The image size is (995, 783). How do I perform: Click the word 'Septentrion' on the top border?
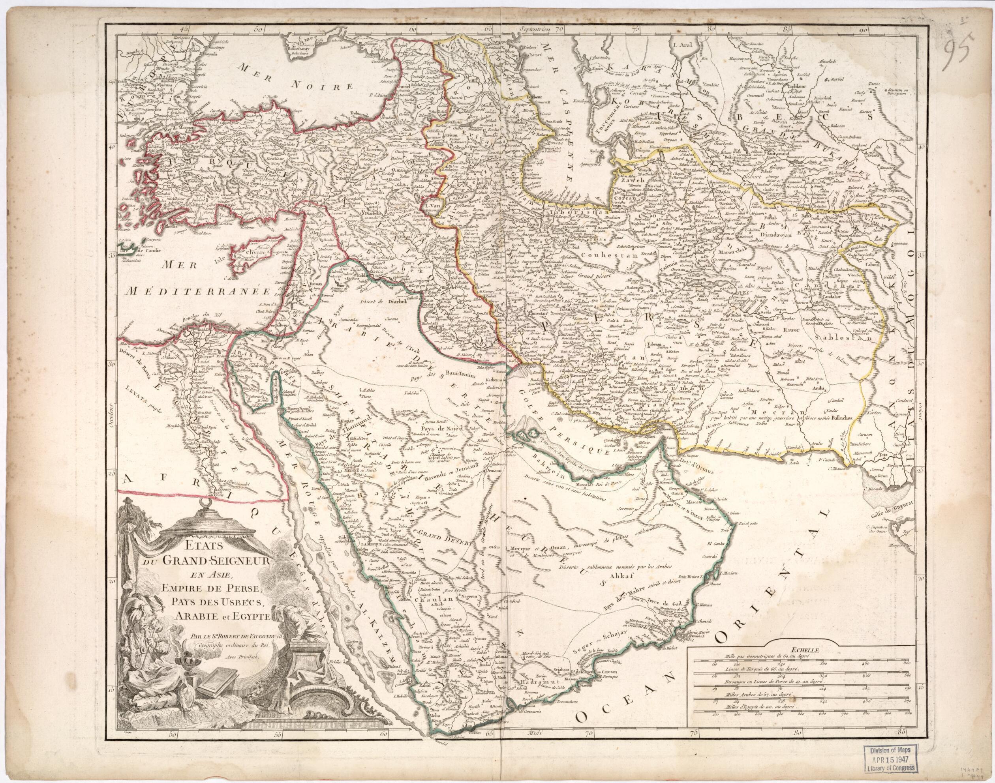(x=535, y=29)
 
